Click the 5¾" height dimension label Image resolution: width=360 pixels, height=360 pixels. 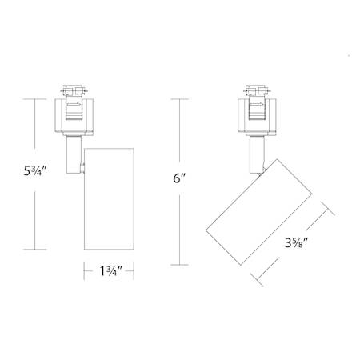click(x=35, y=171)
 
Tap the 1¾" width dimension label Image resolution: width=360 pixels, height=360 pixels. click(x=110, y=271)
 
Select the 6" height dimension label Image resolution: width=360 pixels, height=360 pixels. click(x=179, y=178)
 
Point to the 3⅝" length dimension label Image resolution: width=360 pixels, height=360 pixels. click(x=297, y=242)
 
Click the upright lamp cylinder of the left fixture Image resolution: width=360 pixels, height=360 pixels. click(x=109, y=199)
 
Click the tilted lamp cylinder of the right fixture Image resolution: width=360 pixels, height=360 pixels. click(x=259, y=212)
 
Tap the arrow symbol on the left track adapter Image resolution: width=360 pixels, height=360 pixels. click(x=74, y=105)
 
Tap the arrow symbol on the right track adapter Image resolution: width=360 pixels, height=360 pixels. click(x=257, y=105)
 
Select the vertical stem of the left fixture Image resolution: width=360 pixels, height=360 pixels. click(x=74, y=154)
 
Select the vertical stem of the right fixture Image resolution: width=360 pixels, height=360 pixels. click(x=257, y=154)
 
